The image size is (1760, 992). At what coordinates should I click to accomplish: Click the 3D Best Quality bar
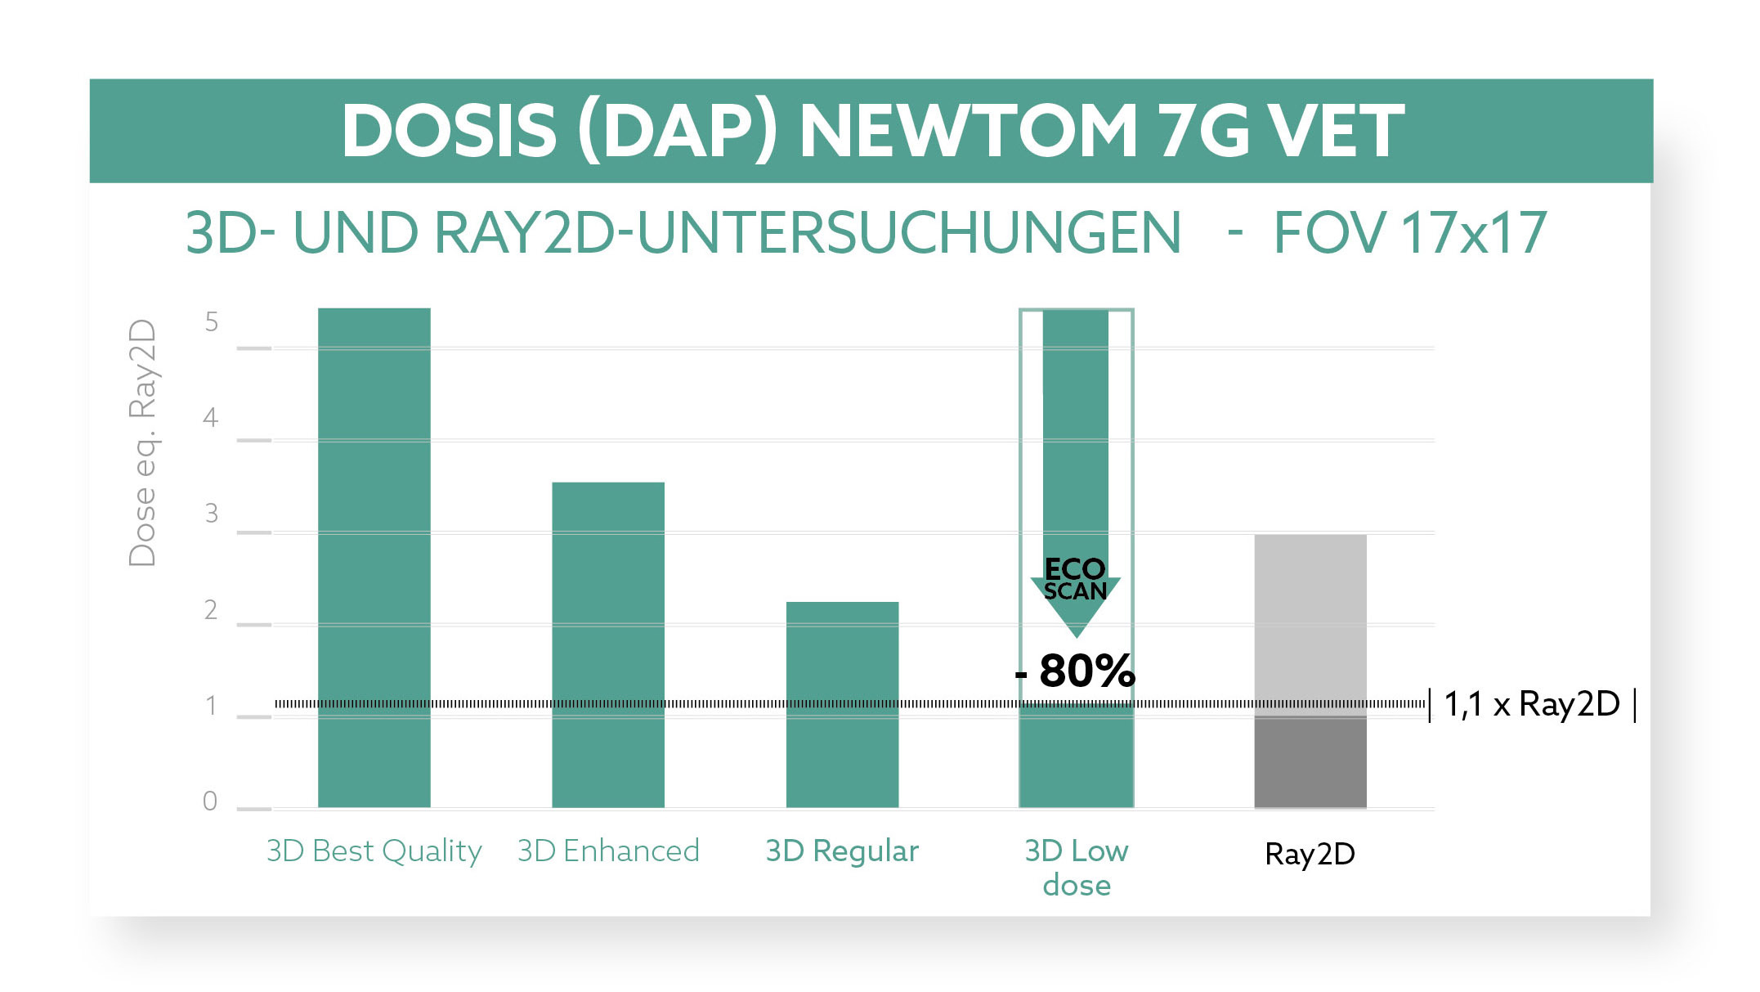click(374, 557)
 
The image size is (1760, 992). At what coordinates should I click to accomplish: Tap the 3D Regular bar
click(842, 704)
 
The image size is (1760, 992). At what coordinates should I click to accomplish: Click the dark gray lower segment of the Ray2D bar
click(1310, 762)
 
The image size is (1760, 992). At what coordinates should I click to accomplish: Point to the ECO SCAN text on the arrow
click(1075, 580)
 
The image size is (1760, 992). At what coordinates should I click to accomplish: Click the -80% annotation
click(1075, 671)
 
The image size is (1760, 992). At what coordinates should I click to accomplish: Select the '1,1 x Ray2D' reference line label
click(1531, 704)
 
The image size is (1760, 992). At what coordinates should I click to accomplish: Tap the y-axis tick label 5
click(212, 322)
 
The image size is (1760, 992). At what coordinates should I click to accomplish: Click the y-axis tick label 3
click(212, 514)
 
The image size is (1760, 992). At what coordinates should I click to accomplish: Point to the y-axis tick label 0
click(210, 801)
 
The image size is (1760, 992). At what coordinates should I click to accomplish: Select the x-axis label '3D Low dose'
click(1076, 868)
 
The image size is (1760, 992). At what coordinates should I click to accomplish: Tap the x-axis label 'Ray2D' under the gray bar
click(1310, 854)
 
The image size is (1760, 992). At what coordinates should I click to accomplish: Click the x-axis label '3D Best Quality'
click(374, 851)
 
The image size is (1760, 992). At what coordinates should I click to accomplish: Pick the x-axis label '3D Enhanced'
click(608, 851)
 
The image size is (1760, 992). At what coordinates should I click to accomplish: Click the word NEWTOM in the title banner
click(968, 131)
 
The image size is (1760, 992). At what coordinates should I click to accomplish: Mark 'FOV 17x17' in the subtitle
click(1409, 233)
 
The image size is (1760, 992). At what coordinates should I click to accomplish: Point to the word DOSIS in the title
click(450, 131)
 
